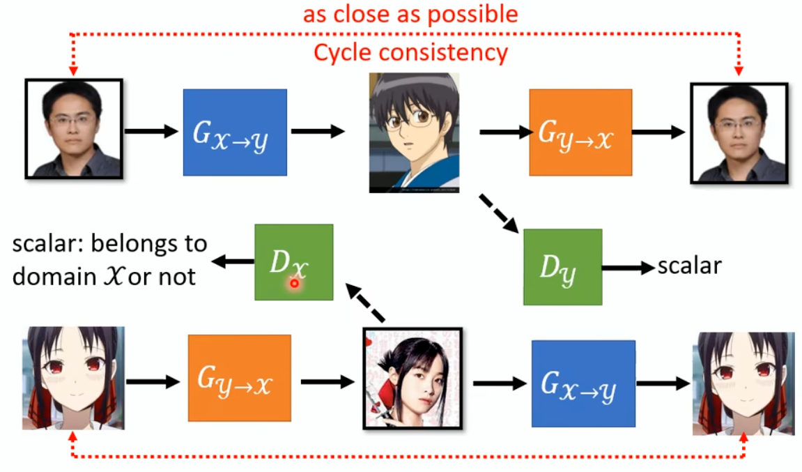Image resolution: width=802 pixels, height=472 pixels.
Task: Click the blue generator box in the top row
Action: pyautogui.click(x=235, y=132)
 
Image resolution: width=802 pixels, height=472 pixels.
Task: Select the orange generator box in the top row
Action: pyautogui.click(x=580, y=132)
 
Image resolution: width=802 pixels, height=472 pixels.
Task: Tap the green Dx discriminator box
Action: pyautogui.click(x=293, y=261)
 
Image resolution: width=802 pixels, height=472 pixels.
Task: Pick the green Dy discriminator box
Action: pyautogui.click(x=562, y=267)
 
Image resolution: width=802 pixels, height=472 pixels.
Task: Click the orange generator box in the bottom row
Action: pyautogui.click(x=240, y=378)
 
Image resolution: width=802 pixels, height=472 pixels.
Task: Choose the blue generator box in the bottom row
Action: pyautogui.click(x=584, y=383)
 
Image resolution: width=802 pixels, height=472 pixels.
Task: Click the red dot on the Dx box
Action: pyautogui.click(x=294, y=283)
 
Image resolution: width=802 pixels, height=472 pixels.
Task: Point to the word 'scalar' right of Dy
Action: pyautogui.click(x=690, y=266)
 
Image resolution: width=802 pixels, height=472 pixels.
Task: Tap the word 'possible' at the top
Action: pyautogui.click(x=472, y=15)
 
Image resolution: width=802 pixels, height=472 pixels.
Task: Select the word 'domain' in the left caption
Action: pyautogui.click(x=54, y=277)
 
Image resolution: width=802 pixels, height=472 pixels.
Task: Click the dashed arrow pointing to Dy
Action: pyautogui.click(x=499, y=213)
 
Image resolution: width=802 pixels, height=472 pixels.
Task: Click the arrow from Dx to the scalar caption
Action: pyautogui.click(x=233, y=261)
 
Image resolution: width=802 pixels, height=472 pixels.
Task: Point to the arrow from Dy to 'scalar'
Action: pyautogui.click(x=629, y=267)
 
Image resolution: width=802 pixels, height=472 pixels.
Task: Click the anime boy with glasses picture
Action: pyautogui.click(x=415, y=132)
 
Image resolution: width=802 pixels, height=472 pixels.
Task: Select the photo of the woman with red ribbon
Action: pyautogui.click(x=412, y=379)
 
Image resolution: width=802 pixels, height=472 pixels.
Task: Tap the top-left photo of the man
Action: pyautogui.click(x=74, y=128)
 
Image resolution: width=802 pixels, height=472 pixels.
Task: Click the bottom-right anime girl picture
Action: pyautogui.click(x=743, y=383)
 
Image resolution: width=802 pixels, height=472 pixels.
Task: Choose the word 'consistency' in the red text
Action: pyautogui.click(x=443, y=53)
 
